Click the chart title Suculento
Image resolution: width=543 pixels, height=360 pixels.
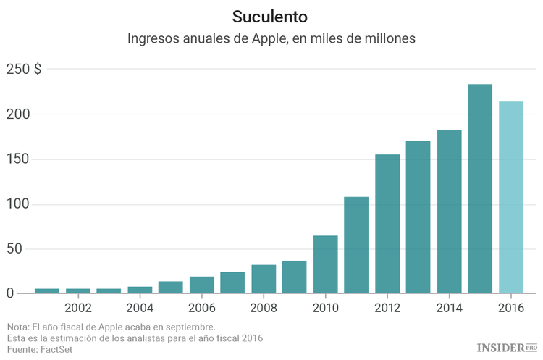coord(271,16)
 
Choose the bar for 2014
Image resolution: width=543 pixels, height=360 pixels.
coord(449,212)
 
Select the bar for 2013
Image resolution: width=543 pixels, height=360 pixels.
coord(418,217)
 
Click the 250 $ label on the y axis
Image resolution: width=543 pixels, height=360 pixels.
coord(24,70)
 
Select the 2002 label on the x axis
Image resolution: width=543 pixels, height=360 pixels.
coord(77,307)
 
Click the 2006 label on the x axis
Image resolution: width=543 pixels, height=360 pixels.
coord(202,307)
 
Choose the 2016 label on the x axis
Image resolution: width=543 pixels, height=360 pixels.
coord(511,307)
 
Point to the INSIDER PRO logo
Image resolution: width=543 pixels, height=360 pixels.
coord(506,348)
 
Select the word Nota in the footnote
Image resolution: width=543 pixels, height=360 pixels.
coord(19,327)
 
